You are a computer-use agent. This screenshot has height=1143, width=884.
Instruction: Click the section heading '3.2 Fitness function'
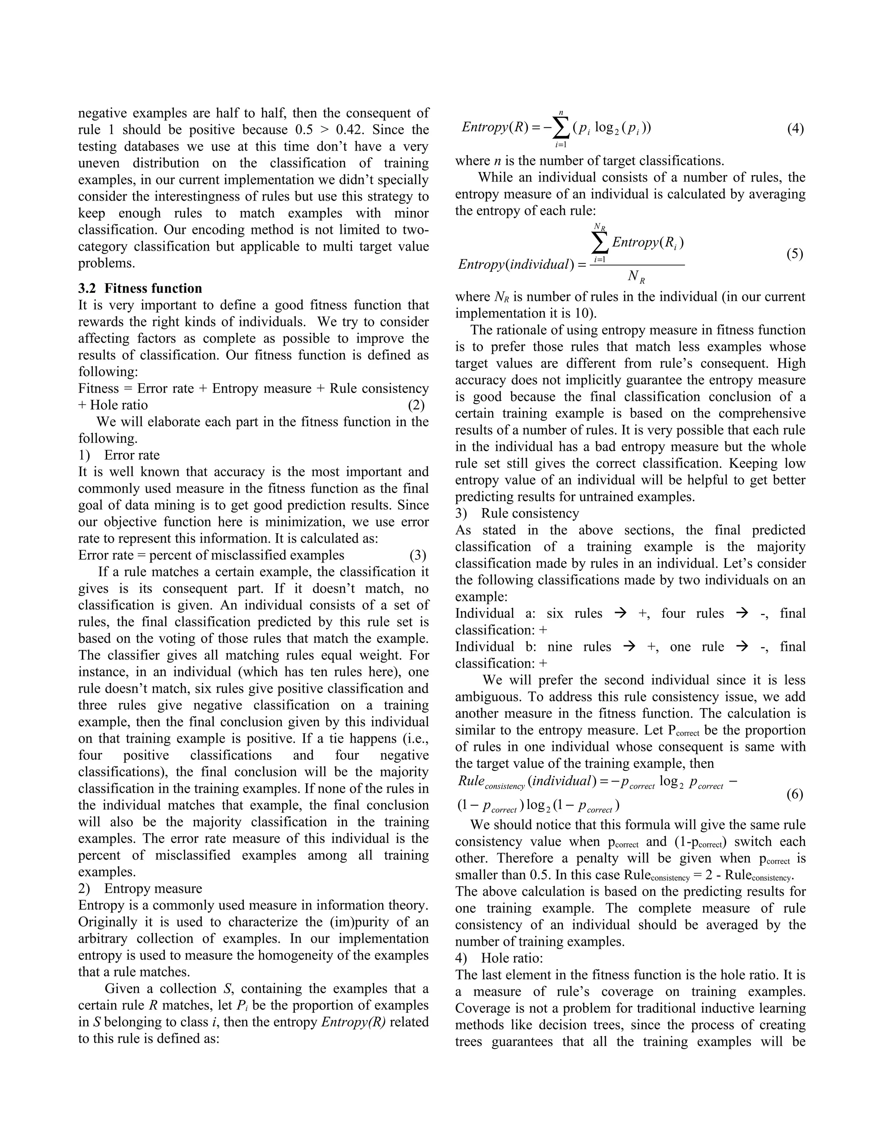[140, 289]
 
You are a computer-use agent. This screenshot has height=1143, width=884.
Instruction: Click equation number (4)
[795, 129]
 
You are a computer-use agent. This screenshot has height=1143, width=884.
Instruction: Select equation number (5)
[795, 254]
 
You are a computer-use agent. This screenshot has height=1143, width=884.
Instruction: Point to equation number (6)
[795, 794]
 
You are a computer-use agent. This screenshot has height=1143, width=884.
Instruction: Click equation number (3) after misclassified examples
[417, 555]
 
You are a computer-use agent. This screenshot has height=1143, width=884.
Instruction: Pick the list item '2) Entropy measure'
[140, 888]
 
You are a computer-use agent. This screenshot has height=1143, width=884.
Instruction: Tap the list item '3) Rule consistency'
[517, 513]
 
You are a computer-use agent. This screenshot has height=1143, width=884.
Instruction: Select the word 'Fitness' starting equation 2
[98, 388]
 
